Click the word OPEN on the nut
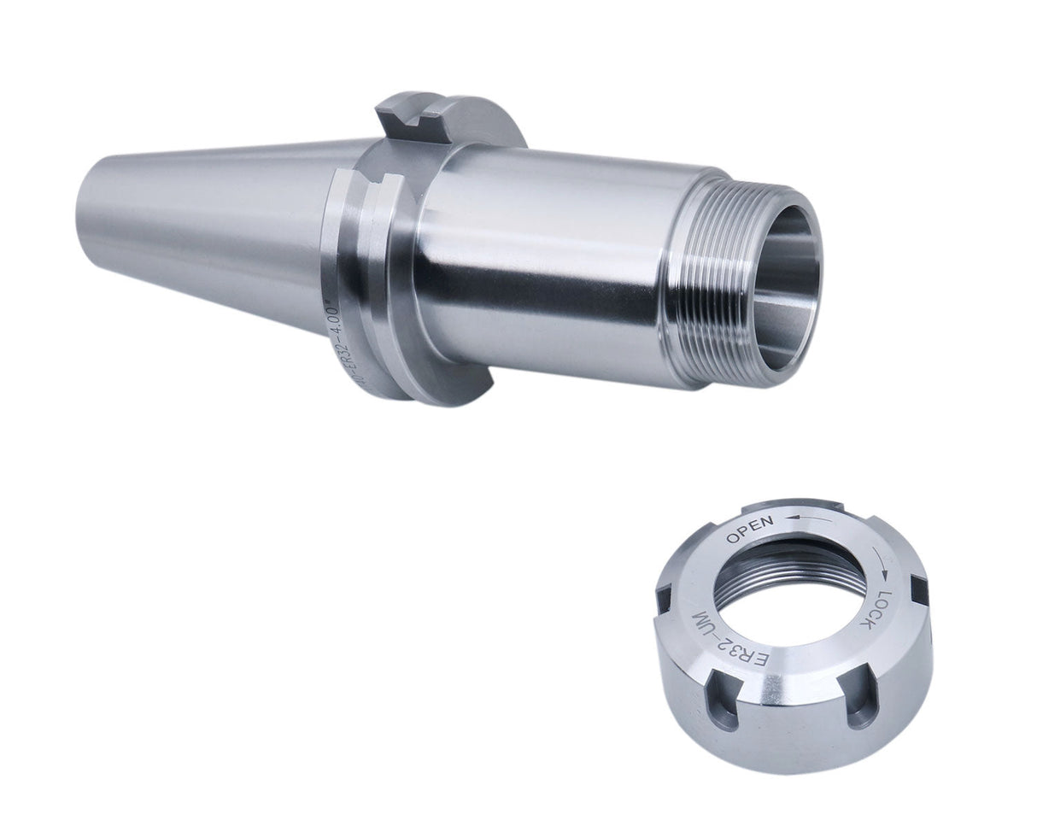tap(749, 530)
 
